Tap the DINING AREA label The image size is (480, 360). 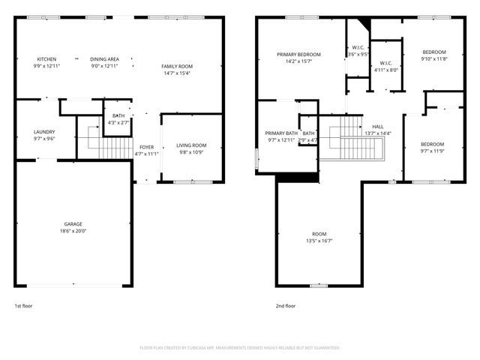pos(104,58)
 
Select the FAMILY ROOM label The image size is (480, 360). pos(177,67)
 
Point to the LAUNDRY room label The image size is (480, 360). pos(44,132)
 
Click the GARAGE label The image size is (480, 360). pos(73,223)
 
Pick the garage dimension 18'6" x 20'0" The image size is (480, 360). pos(73,231)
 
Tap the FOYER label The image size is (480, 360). pos(147,147)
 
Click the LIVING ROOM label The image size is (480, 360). pos(191,145)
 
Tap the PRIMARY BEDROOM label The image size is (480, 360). pos(298,55)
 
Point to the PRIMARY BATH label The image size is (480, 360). pos(282,133)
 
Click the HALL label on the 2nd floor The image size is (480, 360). pos(378,126)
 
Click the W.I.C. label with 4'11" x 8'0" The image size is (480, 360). pos(386,63)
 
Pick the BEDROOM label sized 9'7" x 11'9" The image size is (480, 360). pos(431,144)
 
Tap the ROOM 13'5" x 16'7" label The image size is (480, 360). pos(319,234)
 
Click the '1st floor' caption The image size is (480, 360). pos(23,306)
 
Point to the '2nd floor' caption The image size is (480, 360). pos(286,306)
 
